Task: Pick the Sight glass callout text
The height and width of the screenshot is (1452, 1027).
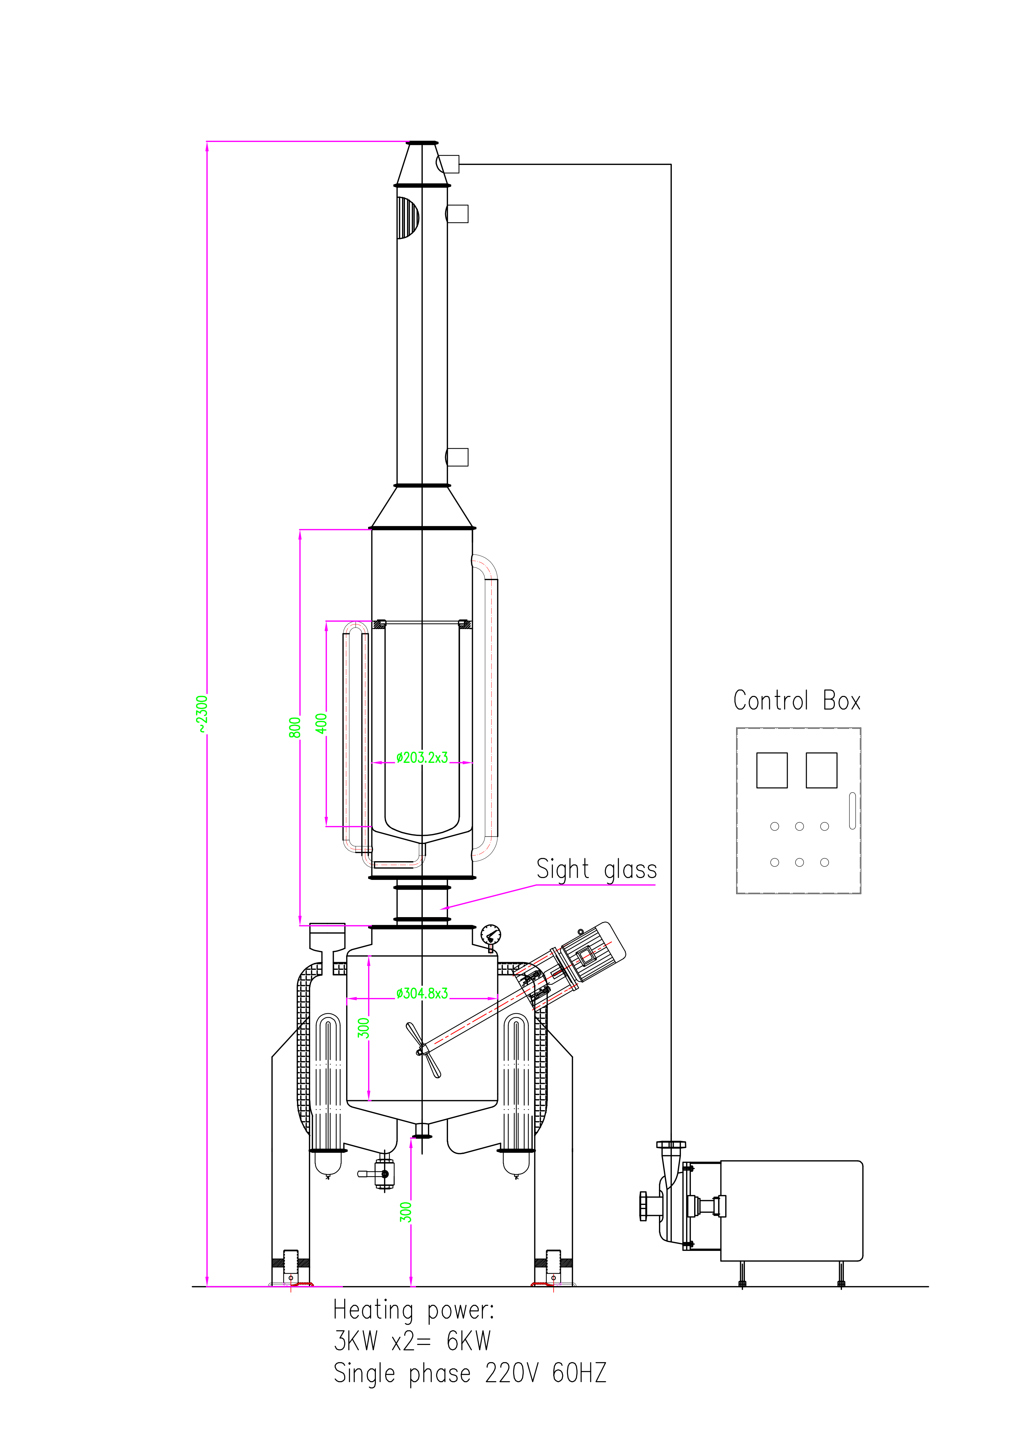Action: tap(596, 870)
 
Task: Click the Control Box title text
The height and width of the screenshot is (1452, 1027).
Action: tap(797, 701)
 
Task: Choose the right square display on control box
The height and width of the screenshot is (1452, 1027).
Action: tap(822, 770)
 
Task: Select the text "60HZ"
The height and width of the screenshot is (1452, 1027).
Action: tap(579, 1373)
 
